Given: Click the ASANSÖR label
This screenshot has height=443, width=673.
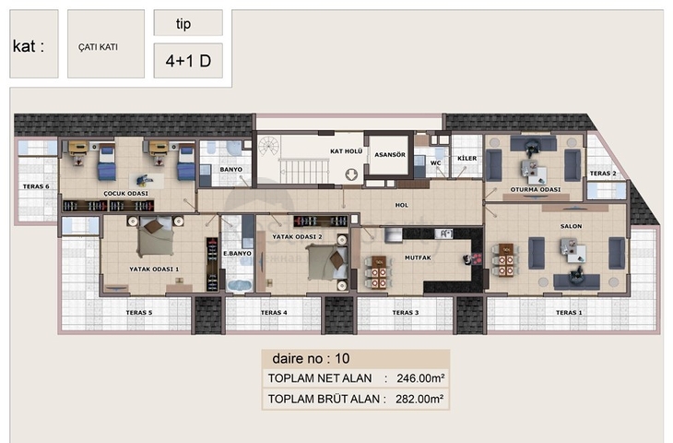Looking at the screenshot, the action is pos(390,155).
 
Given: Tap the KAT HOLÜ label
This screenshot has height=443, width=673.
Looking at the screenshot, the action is pos(347,151).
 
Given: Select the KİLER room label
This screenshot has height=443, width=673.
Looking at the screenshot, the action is pos(467,158).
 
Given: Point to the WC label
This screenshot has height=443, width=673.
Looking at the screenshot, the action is pos(436,162).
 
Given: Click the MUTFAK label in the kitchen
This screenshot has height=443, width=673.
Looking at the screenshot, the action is pos(418,257).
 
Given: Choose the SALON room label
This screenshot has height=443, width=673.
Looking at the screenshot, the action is pos(571,226).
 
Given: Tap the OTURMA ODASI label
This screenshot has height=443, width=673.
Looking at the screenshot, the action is pos(536,189).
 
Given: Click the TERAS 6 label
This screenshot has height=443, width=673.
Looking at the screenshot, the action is pos(36,186).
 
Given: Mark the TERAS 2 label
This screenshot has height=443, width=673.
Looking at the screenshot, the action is pos(603,174).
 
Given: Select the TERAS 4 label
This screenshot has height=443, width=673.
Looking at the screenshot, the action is pos(274,312).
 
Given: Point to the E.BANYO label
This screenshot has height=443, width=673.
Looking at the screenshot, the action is pos(237,254).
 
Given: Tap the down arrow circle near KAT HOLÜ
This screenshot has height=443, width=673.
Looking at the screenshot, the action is pos(351,174).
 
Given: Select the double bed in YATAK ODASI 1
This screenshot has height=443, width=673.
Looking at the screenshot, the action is pos(156,237).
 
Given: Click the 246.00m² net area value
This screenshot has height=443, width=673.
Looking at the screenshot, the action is pos(420,378).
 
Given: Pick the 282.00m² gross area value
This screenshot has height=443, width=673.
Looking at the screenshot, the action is pos(419,400).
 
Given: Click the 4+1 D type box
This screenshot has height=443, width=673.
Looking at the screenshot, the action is pos(188,61).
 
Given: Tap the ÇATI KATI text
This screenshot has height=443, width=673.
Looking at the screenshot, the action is pos(98,47).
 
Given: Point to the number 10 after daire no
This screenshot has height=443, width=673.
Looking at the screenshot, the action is pos(342,358).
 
